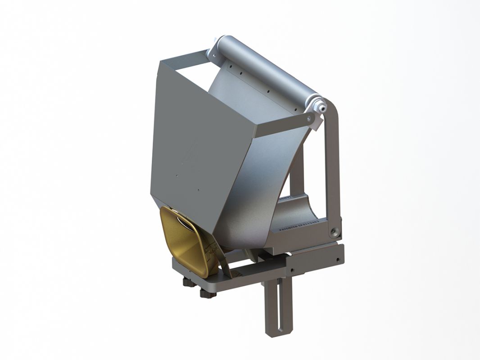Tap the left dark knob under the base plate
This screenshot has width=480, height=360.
click(x=186, y=283)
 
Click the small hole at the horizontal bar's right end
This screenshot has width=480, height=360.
click(x=337, y=260)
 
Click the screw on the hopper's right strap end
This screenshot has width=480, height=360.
click(x=308, y=118)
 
